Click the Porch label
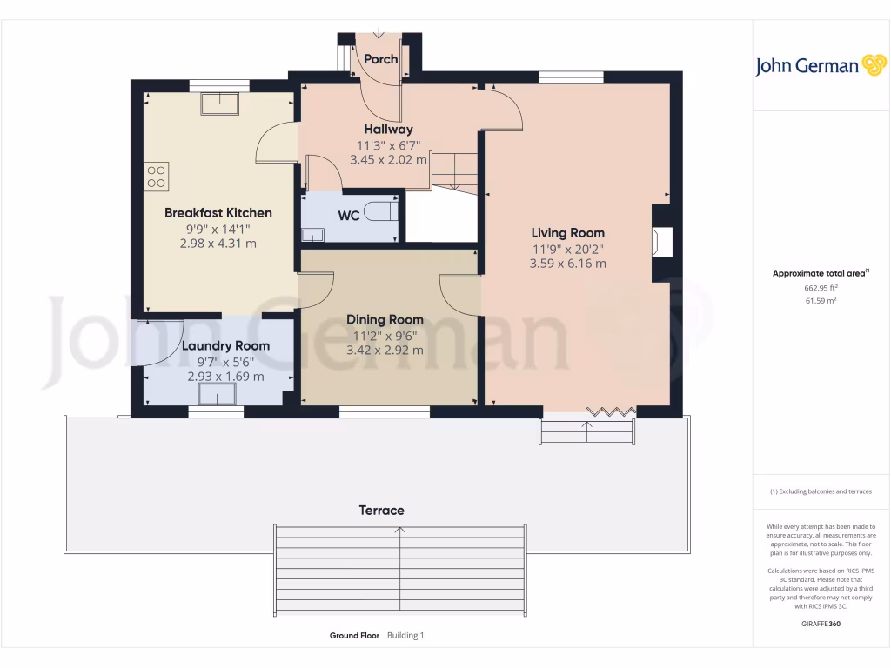click(380, 59)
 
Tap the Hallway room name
click(388, 130)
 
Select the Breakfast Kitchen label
click(218, 212)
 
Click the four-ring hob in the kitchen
click(157, 177)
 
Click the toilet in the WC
click(379, 211)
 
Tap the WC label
click(349, 215)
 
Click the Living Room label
click(568, 232)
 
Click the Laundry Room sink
click(218, 394)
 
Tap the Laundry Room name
click(225, 345)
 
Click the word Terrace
click(382, 510)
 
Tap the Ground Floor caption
click(354, 636)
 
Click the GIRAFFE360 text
click(821, 624)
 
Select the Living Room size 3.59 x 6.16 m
click(567, 263)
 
